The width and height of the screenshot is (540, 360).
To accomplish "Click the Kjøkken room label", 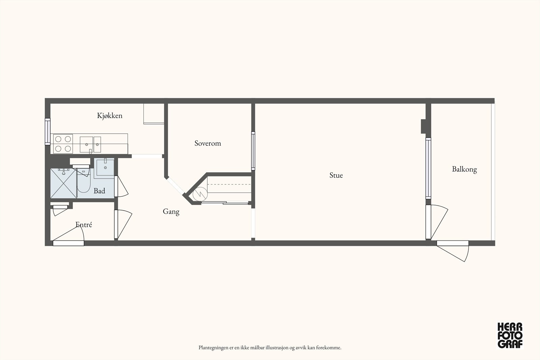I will tap(110, 116).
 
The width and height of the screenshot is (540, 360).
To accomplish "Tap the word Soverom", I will tap(208, 143).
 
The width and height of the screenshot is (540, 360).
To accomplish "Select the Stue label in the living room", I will tap(336, 175).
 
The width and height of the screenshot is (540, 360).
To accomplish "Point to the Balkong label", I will tap(464, 169).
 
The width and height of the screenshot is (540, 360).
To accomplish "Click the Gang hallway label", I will tap(171, 212).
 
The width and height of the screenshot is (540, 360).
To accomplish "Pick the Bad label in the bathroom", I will tap(99, 191).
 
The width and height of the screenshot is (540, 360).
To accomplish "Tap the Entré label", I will tap(84, 225).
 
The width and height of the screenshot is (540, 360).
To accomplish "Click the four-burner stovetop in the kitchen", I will tap(63, 143).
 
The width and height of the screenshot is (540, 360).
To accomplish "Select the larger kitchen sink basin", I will tap(86, 144).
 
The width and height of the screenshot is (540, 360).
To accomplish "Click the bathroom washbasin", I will tap(105, 167).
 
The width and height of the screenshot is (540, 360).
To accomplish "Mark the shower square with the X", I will tap(63, 183).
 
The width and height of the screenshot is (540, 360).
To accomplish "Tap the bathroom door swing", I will tap(122, 187).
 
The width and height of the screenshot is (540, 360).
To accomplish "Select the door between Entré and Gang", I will tap(123, 224).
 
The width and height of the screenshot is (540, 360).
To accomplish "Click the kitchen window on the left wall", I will tap(48, 132).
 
